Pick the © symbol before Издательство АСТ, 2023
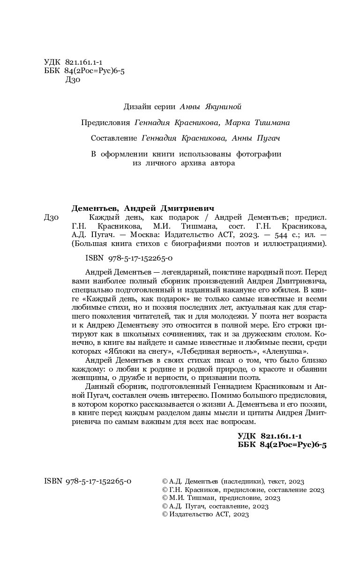(164, 514)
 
